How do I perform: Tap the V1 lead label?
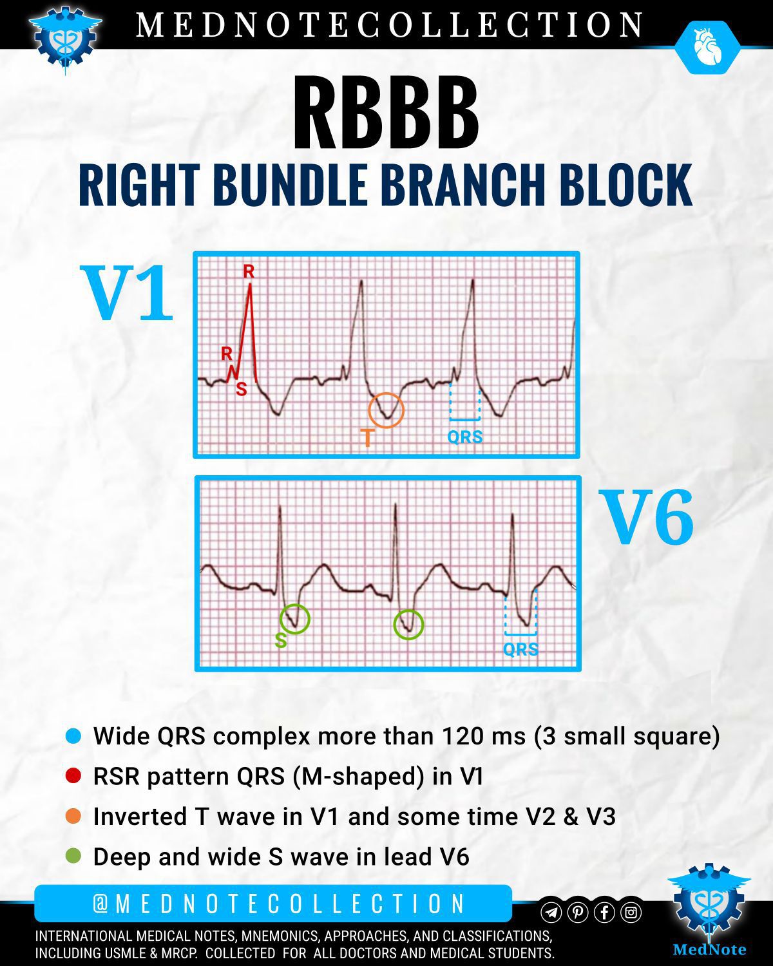coord(127,292)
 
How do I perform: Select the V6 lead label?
coord(647,517)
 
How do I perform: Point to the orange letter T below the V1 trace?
coord(367,438)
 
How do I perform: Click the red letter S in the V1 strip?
coord(241,389)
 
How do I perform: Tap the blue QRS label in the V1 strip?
coord(465,437)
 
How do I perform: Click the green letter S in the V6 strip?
coord(281,641)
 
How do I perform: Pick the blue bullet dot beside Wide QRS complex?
coord(73,736)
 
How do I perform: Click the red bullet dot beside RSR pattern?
coord(73,776)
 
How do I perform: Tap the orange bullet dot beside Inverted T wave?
coord(73,816)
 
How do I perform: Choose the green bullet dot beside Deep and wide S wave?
coord(73,856)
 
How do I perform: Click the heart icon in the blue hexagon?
coord(707,46)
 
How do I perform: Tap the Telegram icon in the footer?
coord(551,913)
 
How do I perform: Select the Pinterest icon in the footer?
coord(578,913)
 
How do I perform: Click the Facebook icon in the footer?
coord(605,913)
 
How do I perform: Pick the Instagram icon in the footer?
coord(631,913)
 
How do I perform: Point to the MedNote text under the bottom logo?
coord(710,949)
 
